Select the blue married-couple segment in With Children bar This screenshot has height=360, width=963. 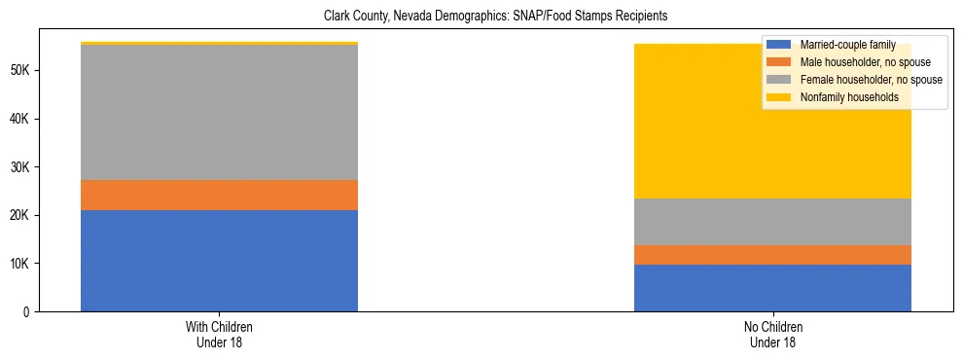[x=219, y=261]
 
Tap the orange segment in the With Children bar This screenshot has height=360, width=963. [x=219, y=196]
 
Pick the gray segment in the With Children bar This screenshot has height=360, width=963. [x=219, y=113]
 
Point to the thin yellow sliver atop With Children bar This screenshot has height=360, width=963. [x=219, y=44]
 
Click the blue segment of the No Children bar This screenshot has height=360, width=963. [x=772, y=288]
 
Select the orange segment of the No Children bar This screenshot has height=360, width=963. [x=772, y=255]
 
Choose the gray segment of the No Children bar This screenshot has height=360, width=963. [x=772, y=222]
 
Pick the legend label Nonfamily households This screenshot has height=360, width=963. [x=842, y=97]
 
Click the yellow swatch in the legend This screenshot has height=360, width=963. [x=779, y=97]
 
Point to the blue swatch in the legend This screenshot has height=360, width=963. [x=779, y=45]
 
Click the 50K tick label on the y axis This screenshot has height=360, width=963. [x=21, y=71]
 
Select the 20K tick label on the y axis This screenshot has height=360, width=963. [x=21, y=215]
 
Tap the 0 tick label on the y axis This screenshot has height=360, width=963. [x=29, y=311]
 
